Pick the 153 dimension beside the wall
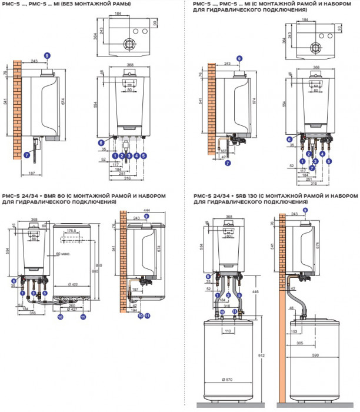294,332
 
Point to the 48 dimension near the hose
292,307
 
